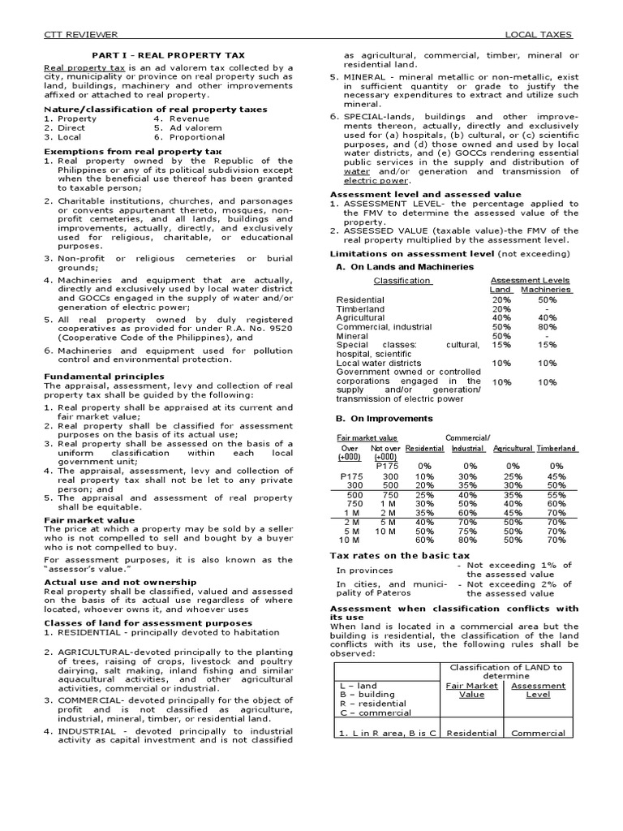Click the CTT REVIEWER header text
click(x=80, y=35)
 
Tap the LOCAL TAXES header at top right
click(x=539, y=35)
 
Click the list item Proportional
click(x=199, y=138)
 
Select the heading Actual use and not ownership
click(x=119, y=583)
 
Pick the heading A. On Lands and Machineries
click(x=393, y=266)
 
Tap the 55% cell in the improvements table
click(x=556, y=495)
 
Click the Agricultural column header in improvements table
click(x=513, y=449)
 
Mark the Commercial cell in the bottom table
click(x=538, y=733)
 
